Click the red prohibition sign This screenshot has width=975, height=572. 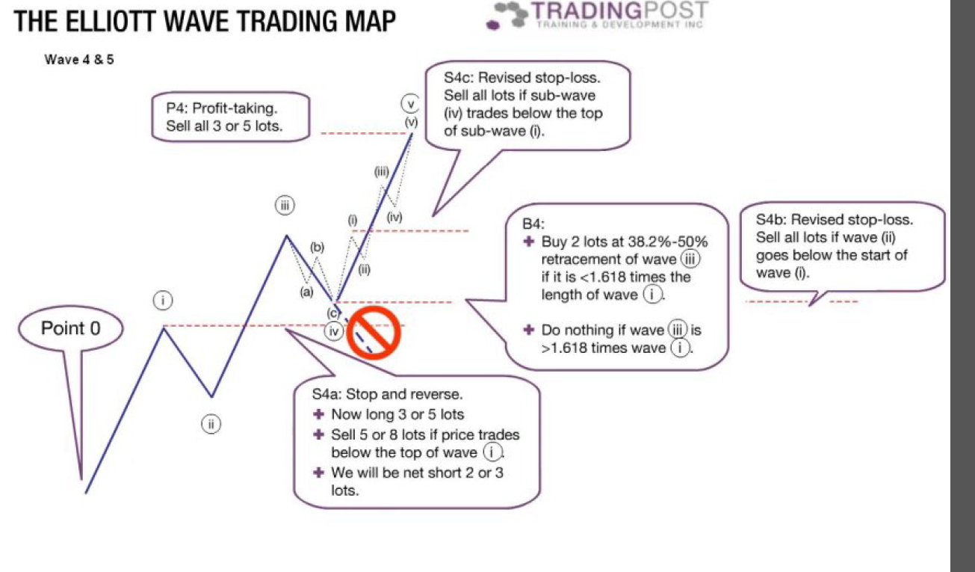[374, 333]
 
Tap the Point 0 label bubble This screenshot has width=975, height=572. [70, 329]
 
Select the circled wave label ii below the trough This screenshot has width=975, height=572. [211, 424]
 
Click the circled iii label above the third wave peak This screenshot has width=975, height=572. [285, 205]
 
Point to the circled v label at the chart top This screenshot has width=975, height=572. [410, 104]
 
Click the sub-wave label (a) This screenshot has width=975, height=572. [306, 292]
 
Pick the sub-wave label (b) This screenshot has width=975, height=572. [317, 247]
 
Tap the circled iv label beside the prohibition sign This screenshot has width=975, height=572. [334, 332]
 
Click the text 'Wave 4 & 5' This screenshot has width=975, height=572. [78, 59]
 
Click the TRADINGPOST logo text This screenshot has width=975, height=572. [619, 10]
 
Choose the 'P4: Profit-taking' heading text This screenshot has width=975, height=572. [222, 108]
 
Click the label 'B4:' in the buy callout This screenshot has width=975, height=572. [533, 224]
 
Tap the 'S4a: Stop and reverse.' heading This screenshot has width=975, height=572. [387, 394]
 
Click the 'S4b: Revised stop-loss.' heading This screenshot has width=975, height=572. [835, 220]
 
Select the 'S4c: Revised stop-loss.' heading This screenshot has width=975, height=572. [522, 78]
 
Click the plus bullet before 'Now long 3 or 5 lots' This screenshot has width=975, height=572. [318, 414]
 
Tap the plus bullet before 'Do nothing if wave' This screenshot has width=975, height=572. [528, 330]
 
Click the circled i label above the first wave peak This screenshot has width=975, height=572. [163, 300]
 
